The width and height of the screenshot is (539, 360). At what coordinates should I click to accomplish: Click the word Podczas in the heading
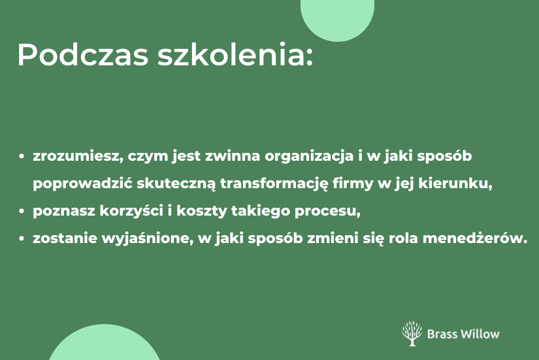(x=83, y=54)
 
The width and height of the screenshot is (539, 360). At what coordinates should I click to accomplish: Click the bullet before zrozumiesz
(x=22, y=156)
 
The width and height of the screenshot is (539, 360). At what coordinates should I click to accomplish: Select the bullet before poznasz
(x=22, y=211)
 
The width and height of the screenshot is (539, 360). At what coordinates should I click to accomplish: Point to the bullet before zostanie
(x=22, y=238)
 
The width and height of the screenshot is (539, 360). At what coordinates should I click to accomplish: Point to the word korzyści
(x=132, y=211)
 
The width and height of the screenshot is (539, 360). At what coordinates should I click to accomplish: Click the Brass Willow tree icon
(x=412, y=333)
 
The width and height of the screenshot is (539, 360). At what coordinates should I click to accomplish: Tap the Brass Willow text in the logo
(x=463, y=334)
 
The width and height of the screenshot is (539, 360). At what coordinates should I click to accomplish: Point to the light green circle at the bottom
(x=104, y=344)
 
